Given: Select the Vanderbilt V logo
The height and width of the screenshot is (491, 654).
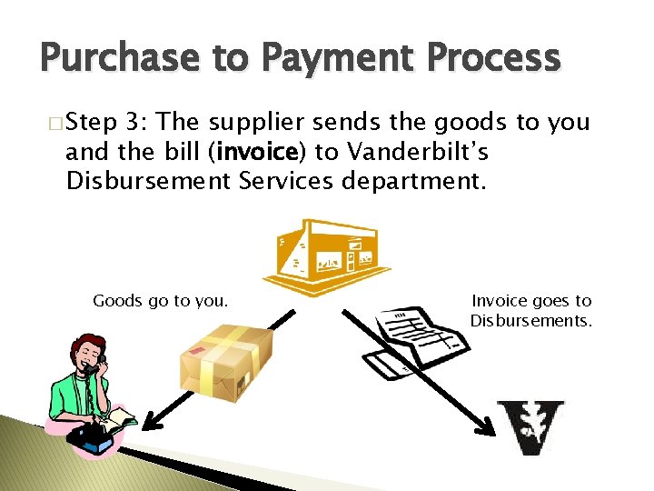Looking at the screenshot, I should pos(530,426).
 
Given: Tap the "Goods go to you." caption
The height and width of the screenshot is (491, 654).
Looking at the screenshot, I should pos(161,300).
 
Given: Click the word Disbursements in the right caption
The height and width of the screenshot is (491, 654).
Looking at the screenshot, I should pos(530,320).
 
